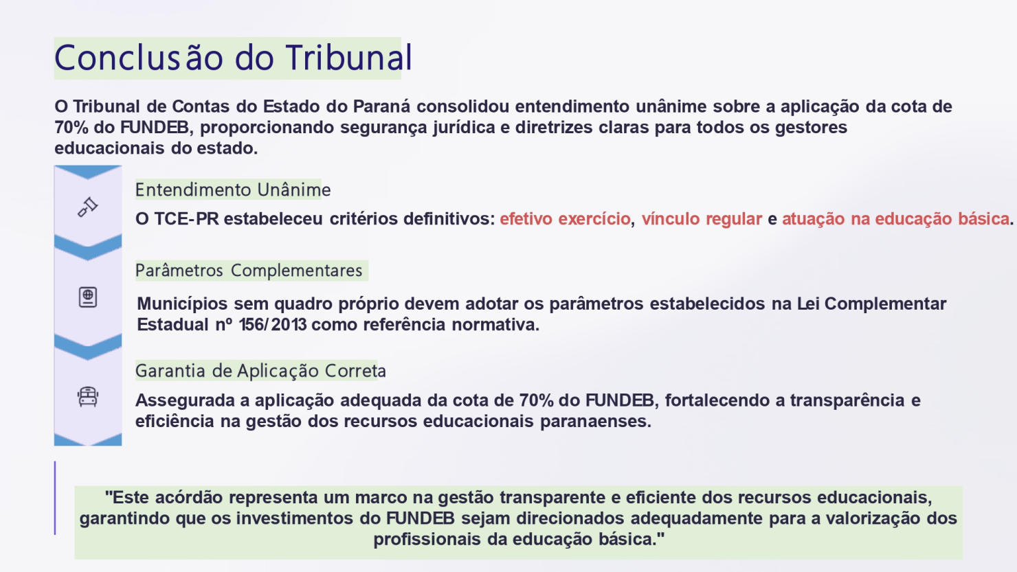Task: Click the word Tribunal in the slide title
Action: (x=348, y=58)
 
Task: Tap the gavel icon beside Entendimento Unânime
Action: (x=88, y=207)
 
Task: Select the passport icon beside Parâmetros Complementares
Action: (x=88, y=297)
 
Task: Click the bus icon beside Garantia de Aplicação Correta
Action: (x=88, y=396)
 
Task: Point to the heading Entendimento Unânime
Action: (x=233, y=190)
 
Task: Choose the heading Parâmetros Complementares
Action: (x=249, y=271)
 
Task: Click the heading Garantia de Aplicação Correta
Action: (x=260, y=371)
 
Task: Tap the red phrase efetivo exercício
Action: (x=565, y=219)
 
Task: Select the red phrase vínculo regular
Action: (x=702, y=219)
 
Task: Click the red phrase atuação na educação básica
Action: (x=895, y=219)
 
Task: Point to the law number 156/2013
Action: (x=272, y=325)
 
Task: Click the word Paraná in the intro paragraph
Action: (x=381, y=106)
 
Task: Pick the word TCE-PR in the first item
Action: (x=186, y=219)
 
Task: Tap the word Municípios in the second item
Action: (x=183, y=304)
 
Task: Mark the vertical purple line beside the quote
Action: (x=55, y=498)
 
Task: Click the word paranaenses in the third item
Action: (x=595, y=422)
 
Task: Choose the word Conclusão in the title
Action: (x=139, y=58)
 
